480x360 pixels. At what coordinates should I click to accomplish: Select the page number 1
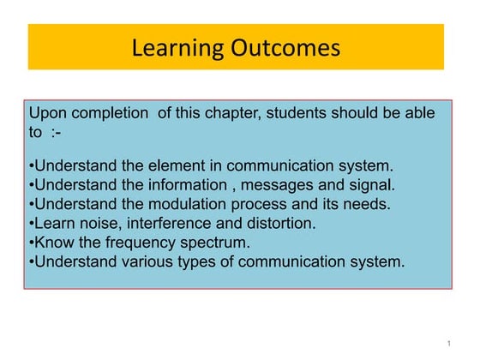tap(448, 344)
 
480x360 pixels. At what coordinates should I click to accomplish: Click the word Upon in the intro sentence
tap(48, 114)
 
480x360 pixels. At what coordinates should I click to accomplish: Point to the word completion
tap(108, 114)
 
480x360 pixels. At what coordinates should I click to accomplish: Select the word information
tap(178, 184)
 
